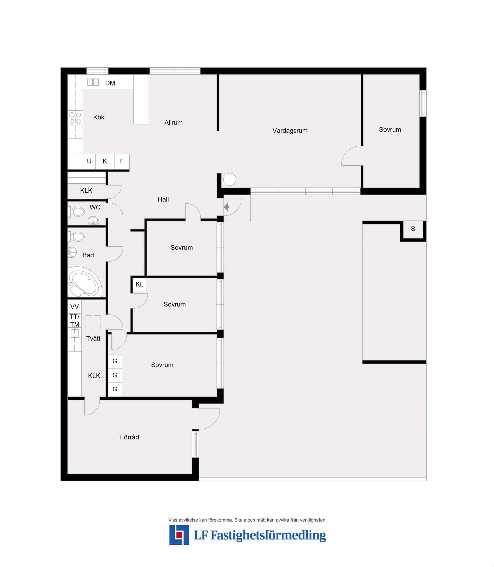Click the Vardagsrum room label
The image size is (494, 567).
pyautogui.click(x=290, y=131)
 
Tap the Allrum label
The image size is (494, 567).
pyautogui.click(x=173, y=123)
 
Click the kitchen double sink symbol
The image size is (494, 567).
pyautogui.click(x=93, y=82)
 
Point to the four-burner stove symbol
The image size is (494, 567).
pyautogui.click(x=75, y=118)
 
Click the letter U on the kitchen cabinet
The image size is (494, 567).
pyautogui.click(x=89, y=161)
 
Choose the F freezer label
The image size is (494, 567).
pyautogui.click(x=122, y=161)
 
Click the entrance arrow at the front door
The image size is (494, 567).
pyautogui.click(x=226, y=207)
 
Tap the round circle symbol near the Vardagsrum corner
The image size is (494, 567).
pyautogui.click(x=230, y=179)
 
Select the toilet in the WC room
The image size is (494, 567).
pyautogui.click(x=77, y=212)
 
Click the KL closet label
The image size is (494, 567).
pyautogui.click(x=139, y=284)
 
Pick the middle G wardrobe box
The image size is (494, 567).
pyautogui.click(x=115, y=375)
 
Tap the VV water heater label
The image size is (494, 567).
pyautogui.click(x=74, y=307)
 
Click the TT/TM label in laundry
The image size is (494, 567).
pyautogui.click(x=74, y=321)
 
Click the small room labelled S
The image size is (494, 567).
pyautogui.click(x=413, y=229)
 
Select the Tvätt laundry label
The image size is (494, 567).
pyautogui.click(x=93, y=339)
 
